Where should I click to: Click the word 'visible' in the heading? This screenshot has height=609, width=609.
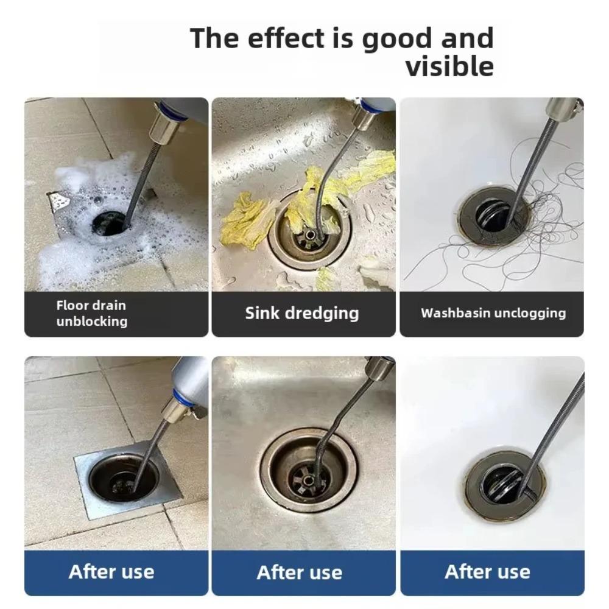click(x=449, y=66)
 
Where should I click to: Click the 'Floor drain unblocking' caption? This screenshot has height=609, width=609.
click(x=92, y=313)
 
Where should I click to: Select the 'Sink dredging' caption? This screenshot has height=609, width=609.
click(x=302, y=313)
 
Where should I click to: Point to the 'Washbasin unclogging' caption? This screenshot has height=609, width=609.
click(x=493, y=313)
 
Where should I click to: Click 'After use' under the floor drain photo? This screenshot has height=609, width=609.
click(x=111, y=571)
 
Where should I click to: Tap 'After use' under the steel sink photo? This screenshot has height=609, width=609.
click(x=300, y=572)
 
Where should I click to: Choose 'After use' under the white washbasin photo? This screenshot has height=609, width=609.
click(x=487, y=571)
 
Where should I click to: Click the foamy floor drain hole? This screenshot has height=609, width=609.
click(x=110, y=224)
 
